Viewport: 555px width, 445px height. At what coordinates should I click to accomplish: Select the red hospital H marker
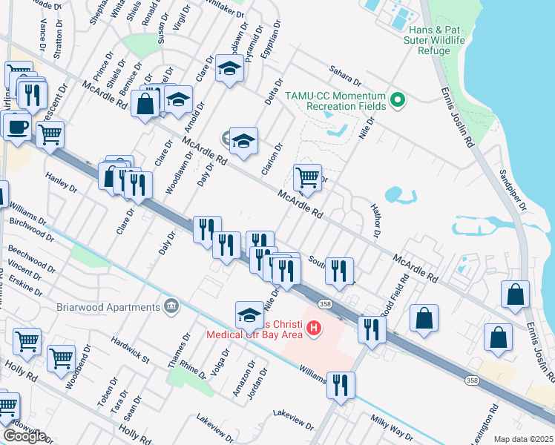(314, 327)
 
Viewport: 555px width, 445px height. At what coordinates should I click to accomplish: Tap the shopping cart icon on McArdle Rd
(307, 177)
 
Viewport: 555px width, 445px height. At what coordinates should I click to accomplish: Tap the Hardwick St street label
(131, 350)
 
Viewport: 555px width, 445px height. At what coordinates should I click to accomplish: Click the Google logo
(24, 435)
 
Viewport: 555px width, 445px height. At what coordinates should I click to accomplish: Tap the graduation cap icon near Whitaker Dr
(229, 69)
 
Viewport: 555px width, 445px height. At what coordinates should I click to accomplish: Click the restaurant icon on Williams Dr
(341, 385)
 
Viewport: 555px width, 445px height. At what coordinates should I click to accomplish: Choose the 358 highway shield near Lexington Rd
(473, 380)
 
